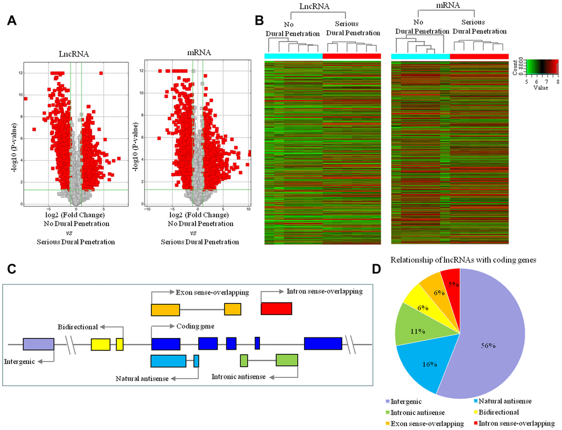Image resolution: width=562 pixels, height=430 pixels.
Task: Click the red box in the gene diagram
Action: click(x=277, y=309)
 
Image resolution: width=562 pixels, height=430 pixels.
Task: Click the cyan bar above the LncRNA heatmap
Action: click(x=293, y=56)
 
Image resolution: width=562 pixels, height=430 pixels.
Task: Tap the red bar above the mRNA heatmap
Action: click(x=479, y=56)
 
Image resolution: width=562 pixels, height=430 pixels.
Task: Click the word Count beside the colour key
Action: click(x=515, y=66)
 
